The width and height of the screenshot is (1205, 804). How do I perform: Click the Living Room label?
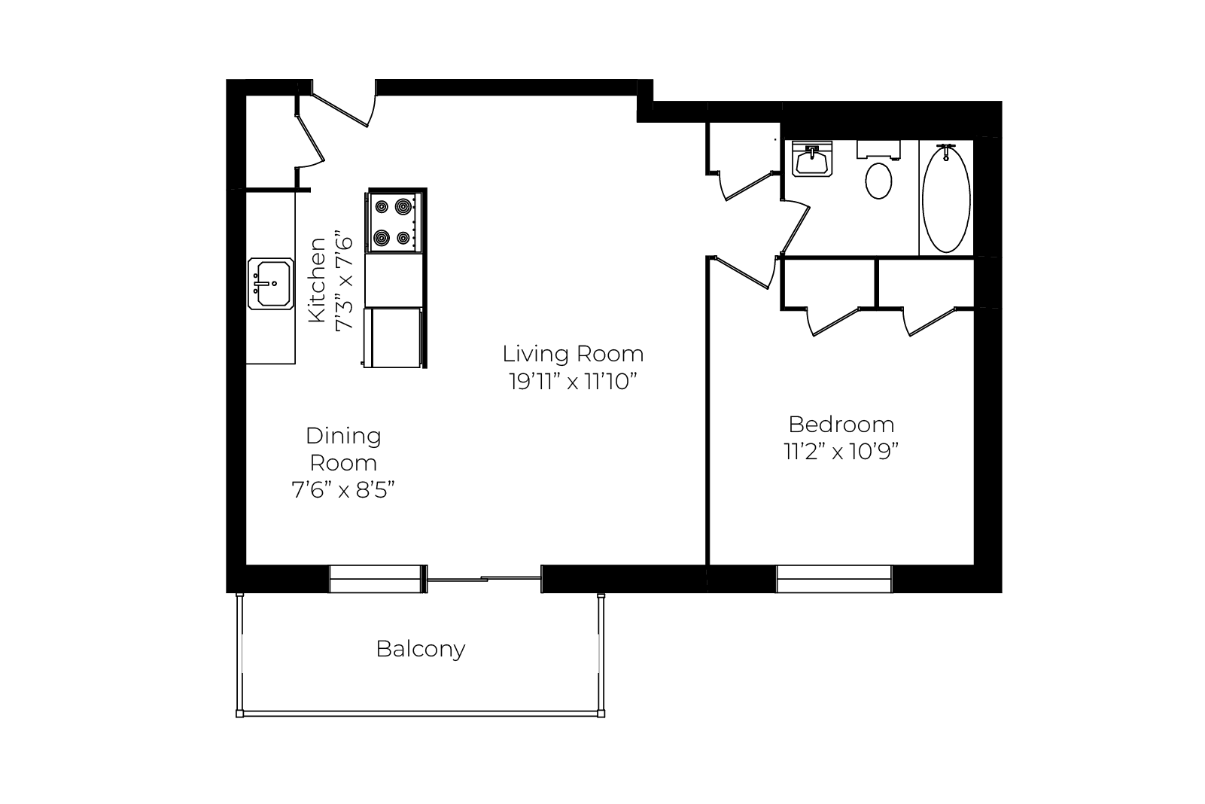click(x=573, y=354)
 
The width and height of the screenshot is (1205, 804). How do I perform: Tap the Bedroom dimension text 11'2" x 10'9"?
click(x=841, y=452)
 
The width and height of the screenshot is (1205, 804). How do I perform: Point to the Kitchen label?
click(x=317, y=280)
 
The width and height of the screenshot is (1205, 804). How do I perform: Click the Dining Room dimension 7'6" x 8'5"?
click(x=343, y=490)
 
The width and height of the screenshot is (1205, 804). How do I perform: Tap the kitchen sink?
click(x=271, y=284)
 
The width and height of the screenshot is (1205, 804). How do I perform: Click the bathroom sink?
click(x=812, y=160)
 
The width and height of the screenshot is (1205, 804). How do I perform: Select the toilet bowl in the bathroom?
click(x=878, y=181)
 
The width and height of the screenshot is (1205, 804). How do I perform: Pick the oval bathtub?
click(x=946, y=198)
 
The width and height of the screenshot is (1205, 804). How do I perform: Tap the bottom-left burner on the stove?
click(x=382, y=237)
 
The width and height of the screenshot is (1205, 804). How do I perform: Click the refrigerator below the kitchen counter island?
click(x=393, y=338)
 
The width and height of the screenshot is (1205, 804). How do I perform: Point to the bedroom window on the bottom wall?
click(x=834, y=579)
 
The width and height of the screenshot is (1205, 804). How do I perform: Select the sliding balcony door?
click(x=484, y=579)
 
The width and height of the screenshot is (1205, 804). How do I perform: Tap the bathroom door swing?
click(x=795, y=227)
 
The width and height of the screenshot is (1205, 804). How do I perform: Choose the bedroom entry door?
click(x=744, y=273)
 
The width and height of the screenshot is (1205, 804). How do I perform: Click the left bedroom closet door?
click(x=832, y=321)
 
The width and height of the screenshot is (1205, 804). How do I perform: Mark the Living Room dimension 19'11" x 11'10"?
click(x=573, y=382)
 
